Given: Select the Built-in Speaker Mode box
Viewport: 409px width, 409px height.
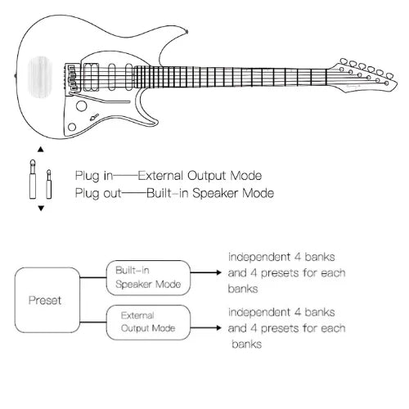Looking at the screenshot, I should [148, 278].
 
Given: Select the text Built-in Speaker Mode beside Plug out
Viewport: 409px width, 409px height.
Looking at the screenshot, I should [209, 193].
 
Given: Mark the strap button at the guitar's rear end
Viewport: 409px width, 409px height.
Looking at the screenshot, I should [16, 76].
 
